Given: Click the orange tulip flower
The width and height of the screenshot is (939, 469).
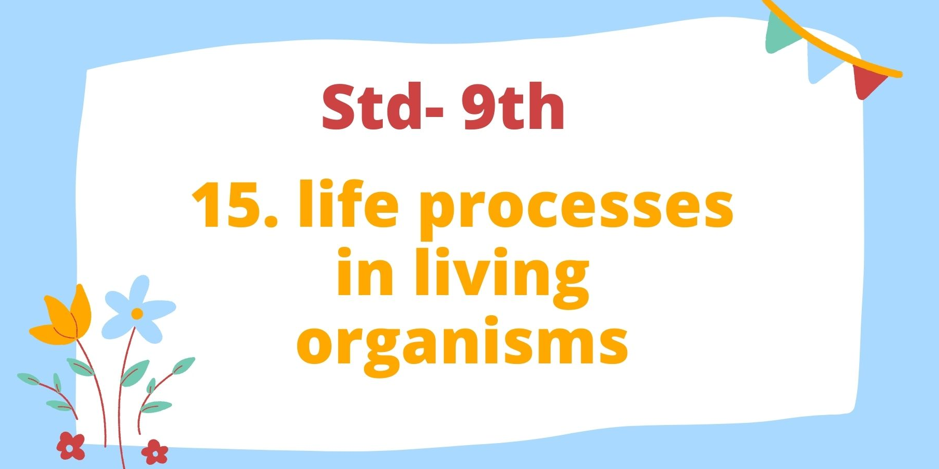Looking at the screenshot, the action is point(62,317).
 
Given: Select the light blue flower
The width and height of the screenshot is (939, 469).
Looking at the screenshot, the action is point(138,309).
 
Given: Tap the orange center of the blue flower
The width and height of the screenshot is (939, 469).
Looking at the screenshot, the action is point(137,313).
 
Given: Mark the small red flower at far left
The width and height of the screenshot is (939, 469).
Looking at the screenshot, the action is point(71,446).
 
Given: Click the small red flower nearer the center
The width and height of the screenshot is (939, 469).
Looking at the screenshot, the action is point(154,452).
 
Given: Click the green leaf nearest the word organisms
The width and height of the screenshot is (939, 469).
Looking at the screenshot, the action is point(183,365).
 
